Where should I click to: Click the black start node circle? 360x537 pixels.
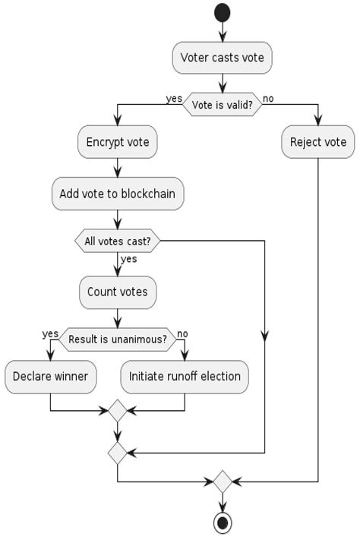coord(222,13)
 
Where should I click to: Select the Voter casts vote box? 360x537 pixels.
coord(222,58)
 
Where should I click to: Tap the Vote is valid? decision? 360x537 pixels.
coord(222,105)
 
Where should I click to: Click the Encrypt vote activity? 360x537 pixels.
coord(118,142)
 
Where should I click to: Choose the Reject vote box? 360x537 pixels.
coord(318,142)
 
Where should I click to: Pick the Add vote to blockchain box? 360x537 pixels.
coord(118,194)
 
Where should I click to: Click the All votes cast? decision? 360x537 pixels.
coord(118,241)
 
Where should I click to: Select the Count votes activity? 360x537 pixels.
coord(118,292)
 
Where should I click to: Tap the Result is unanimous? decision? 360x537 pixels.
coord(118,340)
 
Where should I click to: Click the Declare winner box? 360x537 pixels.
coord(50,377)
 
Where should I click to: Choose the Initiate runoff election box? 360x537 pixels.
coord(185,377)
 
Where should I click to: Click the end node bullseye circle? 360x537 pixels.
coord(223,523)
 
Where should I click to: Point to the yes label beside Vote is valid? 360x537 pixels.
coord(174,99)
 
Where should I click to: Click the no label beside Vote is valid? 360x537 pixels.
coord(268,99)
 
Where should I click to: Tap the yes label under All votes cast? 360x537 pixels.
coord(129,259)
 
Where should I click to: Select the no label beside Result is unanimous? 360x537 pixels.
coord(182,333)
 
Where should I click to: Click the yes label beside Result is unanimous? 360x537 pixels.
coord(50,334)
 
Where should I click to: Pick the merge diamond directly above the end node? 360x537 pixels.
coord(223,482)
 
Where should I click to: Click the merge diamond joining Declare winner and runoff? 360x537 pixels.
coord(118,410)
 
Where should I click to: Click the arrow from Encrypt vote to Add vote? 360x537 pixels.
coord(118,168)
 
